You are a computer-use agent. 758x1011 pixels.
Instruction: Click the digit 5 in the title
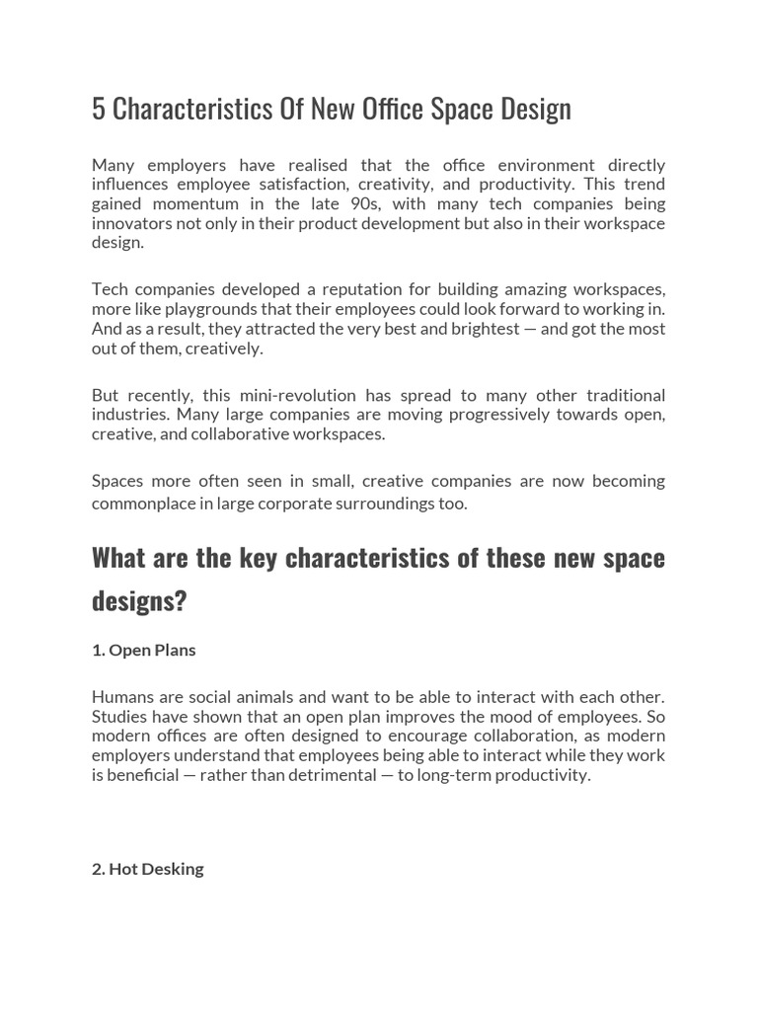[x=99, y=109]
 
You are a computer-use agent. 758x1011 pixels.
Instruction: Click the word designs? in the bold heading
[x=139, y=601]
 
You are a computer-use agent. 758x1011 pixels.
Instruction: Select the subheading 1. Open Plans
[x=144, y=650]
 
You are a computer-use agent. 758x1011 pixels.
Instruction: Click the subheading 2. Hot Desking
[x=148, y=869]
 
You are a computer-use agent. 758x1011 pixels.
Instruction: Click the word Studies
[x=120, y=717]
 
